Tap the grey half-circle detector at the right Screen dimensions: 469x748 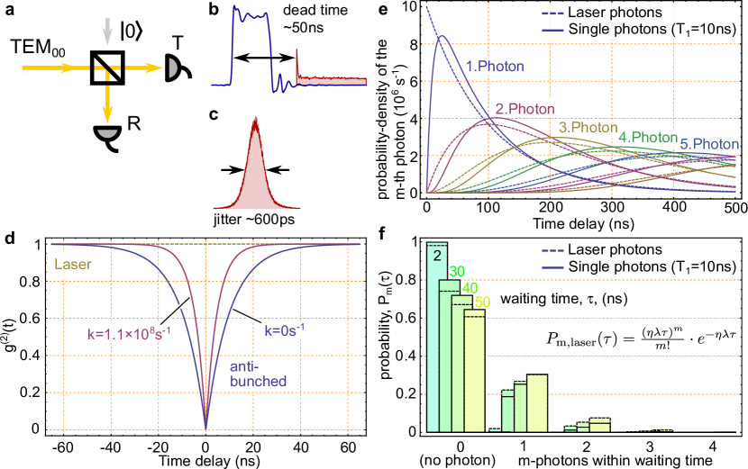(x=170, y=68)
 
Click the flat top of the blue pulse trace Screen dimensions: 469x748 (x=252, y=15)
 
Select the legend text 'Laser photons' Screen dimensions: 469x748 (x=615, y=13)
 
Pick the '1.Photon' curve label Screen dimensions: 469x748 (x=494, y=66)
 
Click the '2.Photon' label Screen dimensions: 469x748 (x=525, y=109)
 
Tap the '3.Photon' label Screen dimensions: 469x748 (x=588, y=128)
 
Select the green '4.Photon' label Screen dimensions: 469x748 (x=648, y=137)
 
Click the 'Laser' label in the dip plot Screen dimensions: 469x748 (x=73, y=266)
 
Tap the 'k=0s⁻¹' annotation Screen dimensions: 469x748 (x=286, y=330)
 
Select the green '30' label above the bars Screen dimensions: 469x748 (x=458, y=271)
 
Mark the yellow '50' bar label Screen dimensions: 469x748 (x=482, y=302)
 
